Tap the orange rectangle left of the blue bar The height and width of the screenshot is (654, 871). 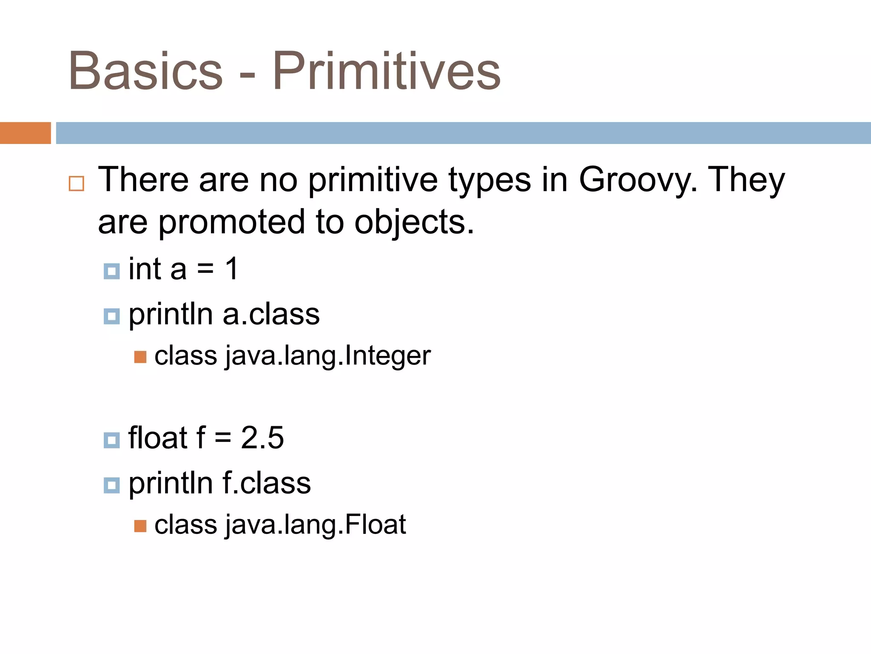coord(25,133)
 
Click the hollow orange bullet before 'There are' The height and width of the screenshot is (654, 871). coord(77,184)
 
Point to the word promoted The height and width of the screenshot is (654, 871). coord(231,222)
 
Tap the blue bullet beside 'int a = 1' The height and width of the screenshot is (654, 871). coord(112,271)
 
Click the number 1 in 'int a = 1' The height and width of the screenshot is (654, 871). coord(232,269)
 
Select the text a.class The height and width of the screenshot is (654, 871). coord(271,314)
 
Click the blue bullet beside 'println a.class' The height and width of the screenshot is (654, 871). coord(112,316)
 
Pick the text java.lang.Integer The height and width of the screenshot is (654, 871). coord(328,356)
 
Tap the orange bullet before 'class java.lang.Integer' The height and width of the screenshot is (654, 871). coord(140,357)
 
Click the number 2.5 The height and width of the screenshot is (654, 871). coord(262,438)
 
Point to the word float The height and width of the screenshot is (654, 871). coord(158,438)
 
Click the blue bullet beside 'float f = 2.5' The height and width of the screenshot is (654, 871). coord(112,440)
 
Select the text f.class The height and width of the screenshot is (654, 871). coord(267,483)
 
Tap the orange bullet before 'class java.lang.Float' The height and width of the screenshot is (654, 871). coord(140,526)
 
